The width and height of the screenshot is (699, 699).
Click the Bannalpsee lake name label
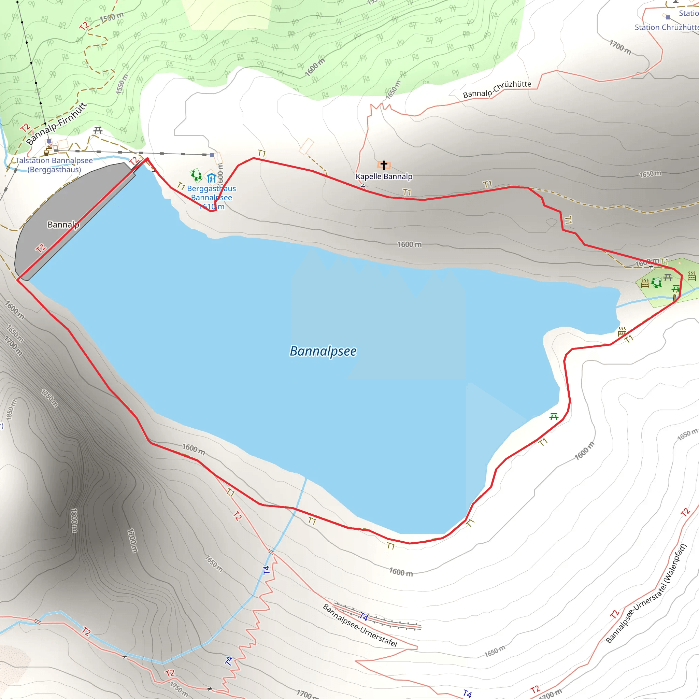(x=323, y=351)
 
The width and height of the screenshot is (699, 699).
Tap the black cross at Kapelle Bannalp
(x=384, y=165)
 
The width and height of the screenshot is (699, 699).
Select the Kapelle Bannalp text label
(x=384, y=176)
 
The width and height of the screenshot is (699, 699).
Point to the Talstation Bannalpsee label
(x=54, y=165)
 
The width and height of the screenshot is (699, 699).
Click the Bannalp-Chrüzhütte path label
(x=497, y=89)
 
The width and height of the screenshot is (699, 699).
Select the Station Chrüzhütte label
(x=667, y=28)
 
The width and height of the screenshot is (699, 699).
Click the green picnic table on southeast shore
(x=554, y=417)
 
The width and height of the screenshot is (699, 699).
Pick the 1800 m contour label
(x=74, y=520)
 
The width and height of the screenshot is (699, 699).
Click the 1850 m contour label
(x=12, y=410)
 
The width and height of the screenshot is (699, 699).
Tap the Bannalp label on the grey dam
(x=63, y=225)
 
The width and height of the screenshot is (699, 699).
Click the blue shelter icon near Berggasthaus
(x=212, y=177)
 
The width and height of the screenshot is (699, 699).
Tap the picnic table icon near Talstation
(x=98, y=130)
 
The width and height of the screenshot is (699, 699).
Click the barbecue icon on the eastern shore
(x=622, y=331)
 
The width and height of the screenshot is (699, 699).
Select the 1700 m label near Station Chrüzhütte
(x=620, y=47)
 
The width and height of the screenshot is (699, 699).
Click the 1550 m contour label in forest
(x=122, y=84)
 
